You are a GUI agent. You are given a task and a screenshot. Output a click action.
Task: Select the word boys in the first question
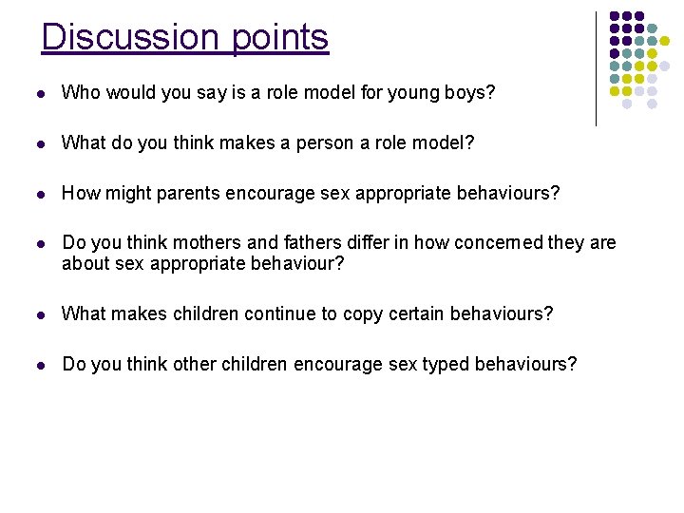point(469,93)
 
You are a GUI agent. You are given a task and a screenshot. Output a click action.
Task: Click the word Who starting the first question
point(81,93)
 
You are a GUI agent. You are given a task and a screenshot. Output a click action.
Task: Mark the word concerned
point(485,244)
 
